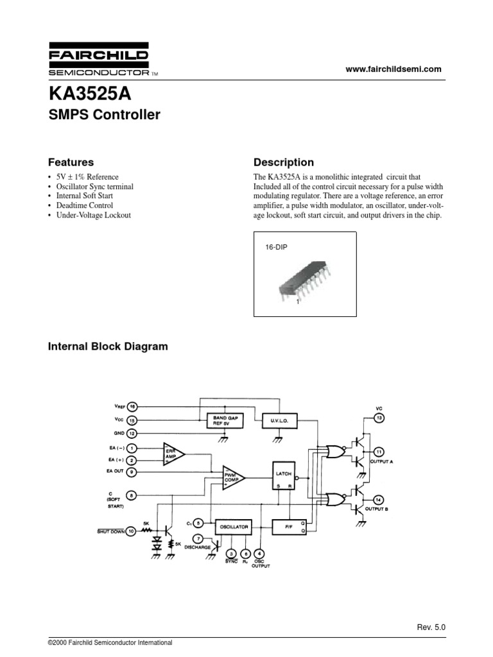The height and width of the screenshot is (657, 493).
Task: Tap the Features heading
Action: (71, 162)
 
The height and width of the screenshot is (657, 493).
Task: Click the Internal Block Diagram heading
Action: (108, 346)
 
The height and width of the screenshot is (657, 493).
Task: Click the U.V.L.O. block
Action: (279, 421)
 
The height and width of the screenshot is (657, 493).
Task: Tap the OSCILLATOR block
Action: (233, 526)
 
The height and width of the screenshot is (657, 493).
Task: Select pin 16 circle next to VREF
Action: (132, 406)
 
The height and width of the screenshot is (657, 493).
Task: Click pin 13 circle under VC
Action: (379, 418)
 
